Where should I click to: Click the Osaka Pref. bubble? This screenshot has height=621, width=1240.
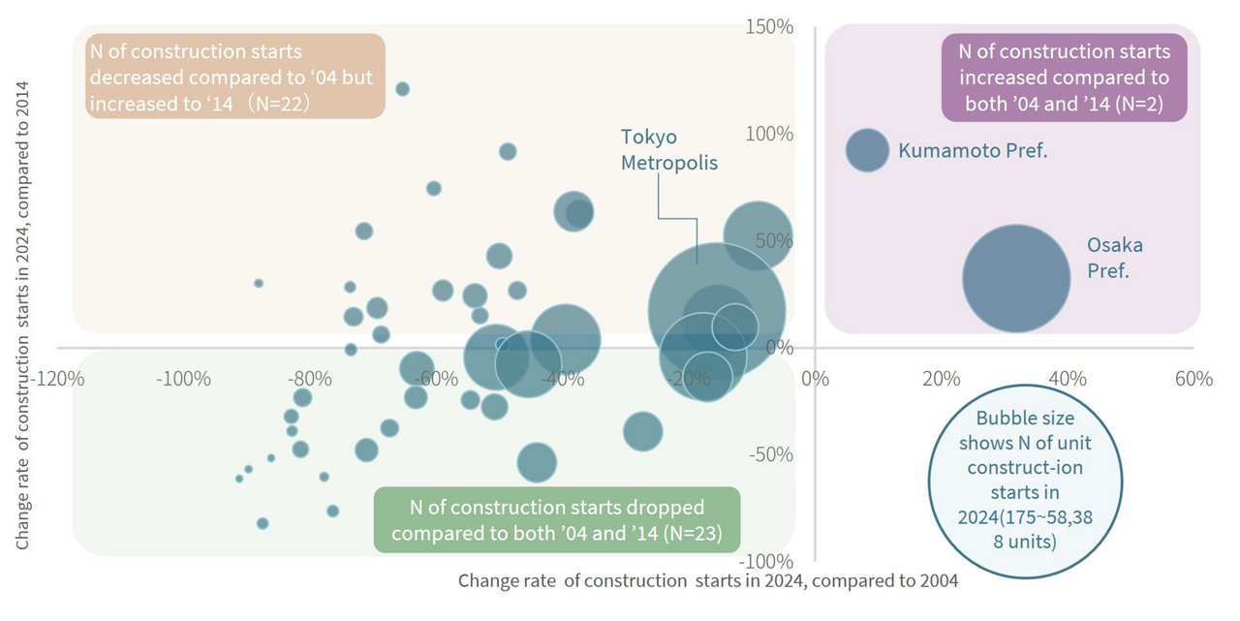(x=1015, y=278)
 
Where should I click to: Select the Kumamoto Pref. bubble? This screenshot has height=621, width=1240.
(x=867, y=149)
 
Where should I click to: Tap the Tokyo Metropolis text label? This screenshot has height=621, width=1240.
(x=669, y=149)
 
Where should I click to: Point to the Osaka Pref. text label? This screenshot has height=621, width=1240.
(x=1114, y=258)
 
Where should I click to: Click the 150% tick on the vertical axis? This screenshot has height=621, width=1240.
(x=770, y=26)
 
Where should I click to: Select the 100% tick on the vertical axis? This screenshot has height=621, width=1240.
(x=770, y=133)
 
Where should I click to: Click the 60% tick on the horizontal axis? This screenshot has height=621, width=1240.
(x=1193, y=378)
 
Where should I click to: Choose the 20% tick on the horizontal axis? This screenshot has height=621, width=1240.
(x=941, y=378)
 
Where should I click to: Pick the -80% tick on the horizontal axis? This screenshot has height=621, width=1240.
(x=310, y=378)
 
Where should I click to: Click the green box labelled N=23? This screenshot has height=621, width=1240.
(x=557, y=520)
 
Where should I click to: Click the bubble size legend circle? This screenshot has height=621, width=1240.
(x=1025, y=480)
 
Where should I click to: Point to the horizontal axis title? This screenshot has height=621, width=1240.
(x=707, y=581)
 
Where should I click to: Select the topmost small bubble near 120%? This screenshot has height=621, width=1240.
(x=402, y=89)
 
